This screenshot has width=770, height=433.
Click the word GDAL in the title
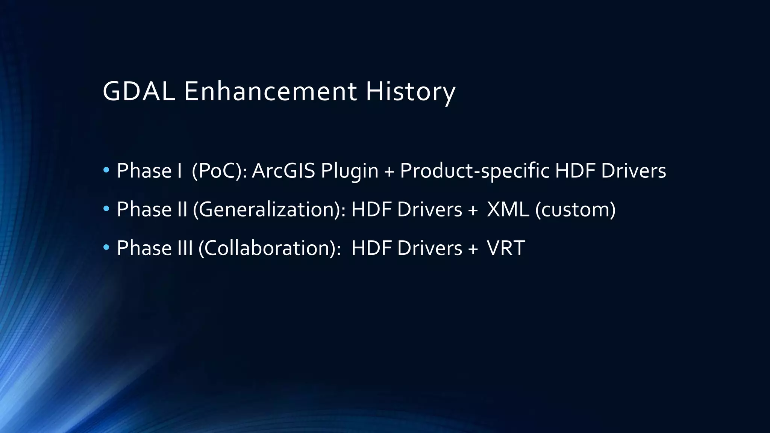[x=139, y=91]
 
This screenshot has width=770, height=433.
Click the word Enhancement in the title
[x=270, y=91]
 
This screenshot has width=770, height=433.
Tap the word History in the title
[x=410, y=91]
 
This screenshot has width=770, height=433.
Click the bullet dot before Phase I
[x=106, y=170]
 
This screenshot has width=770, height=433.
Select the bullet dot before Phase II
[x=106, y=209]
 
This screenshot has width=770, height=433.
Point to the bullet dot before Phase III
[x=106, y=248]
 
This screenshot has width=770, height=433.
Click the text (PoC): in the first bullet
[x=219, y=171]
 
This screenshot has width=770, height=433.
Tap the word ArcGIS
[x=283, y=171]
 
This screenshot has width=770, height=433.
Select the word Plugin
[x=349, y=171]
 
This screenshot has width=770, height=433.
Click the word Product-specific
[x=474, y=171]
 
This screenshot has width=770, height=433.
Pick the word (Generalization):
[x=269, y=210]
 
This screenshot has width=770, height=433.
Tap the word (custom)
[x=575, y=210]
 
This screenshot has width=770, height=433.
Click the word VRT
[x=506, y=248]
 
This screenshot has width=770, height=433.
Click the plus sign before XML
[x=473, y=210]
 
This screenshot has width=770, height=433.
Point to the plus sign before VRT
[x=473, y=249]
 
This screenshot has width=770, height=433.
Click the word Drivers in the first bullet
[x=634, y=171]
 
